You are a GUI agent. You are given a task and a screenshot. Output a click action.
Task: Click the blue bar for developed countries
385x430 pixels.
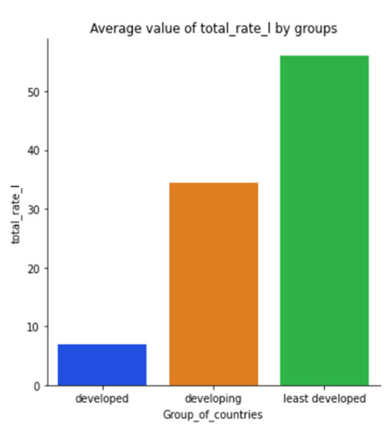coord(102,365)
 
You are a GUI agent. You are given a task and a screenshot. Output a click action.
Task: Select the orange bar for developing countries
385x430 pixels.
coord(214,284)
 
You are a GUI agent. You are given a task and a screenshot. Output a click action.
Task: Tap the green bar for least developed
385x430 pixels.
coord(325,220)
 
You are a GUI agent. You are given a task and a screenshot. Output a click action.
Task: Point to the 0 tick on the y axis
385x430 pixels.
coord(37,385)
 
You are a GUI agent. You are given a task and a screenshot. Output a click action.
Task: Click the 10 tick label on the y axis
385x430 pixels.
coord(34,327)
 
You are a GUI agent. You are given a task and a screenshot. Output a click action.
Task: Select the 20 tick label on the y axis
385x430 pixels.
coord(34,268)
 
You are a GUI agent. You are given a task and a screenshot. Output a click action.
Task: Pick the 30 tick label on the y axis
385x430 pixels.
coord(34,210)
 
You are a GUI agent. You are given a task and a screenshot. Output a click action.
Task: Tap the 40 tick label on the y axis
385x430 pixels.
coord(34,151)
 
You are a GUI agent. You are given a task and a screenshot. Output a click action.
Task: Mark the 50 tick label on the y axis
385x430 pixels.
coord(34,92)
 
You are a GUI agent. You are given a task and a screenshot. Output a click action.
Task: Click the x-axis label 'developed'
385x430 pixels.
coord(102,399)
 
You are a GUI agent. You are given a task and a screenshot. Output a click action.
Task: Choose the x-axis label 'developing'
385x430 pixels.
coord(214,399)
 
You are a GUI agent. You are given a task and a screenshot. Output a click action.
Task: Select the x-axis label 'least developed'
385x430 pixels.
coord(325,399)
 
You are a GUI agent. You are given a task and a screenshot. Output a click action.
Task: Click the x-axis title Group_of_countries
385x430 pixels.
coord(214,414)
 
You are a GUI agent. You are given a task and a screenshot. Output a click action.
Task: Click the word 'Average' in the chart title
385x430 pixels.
coord(113,28)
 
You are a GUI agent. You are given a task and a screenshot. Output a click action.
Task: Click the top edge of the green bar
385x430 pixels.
coord(325,56)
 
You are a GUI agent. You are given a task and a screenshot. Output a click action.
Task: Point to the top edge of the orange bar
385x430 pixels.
coord(214,183)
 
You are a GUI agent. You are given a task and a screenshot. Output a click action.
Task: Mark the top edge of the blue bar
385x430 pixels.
coord(102,345)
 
